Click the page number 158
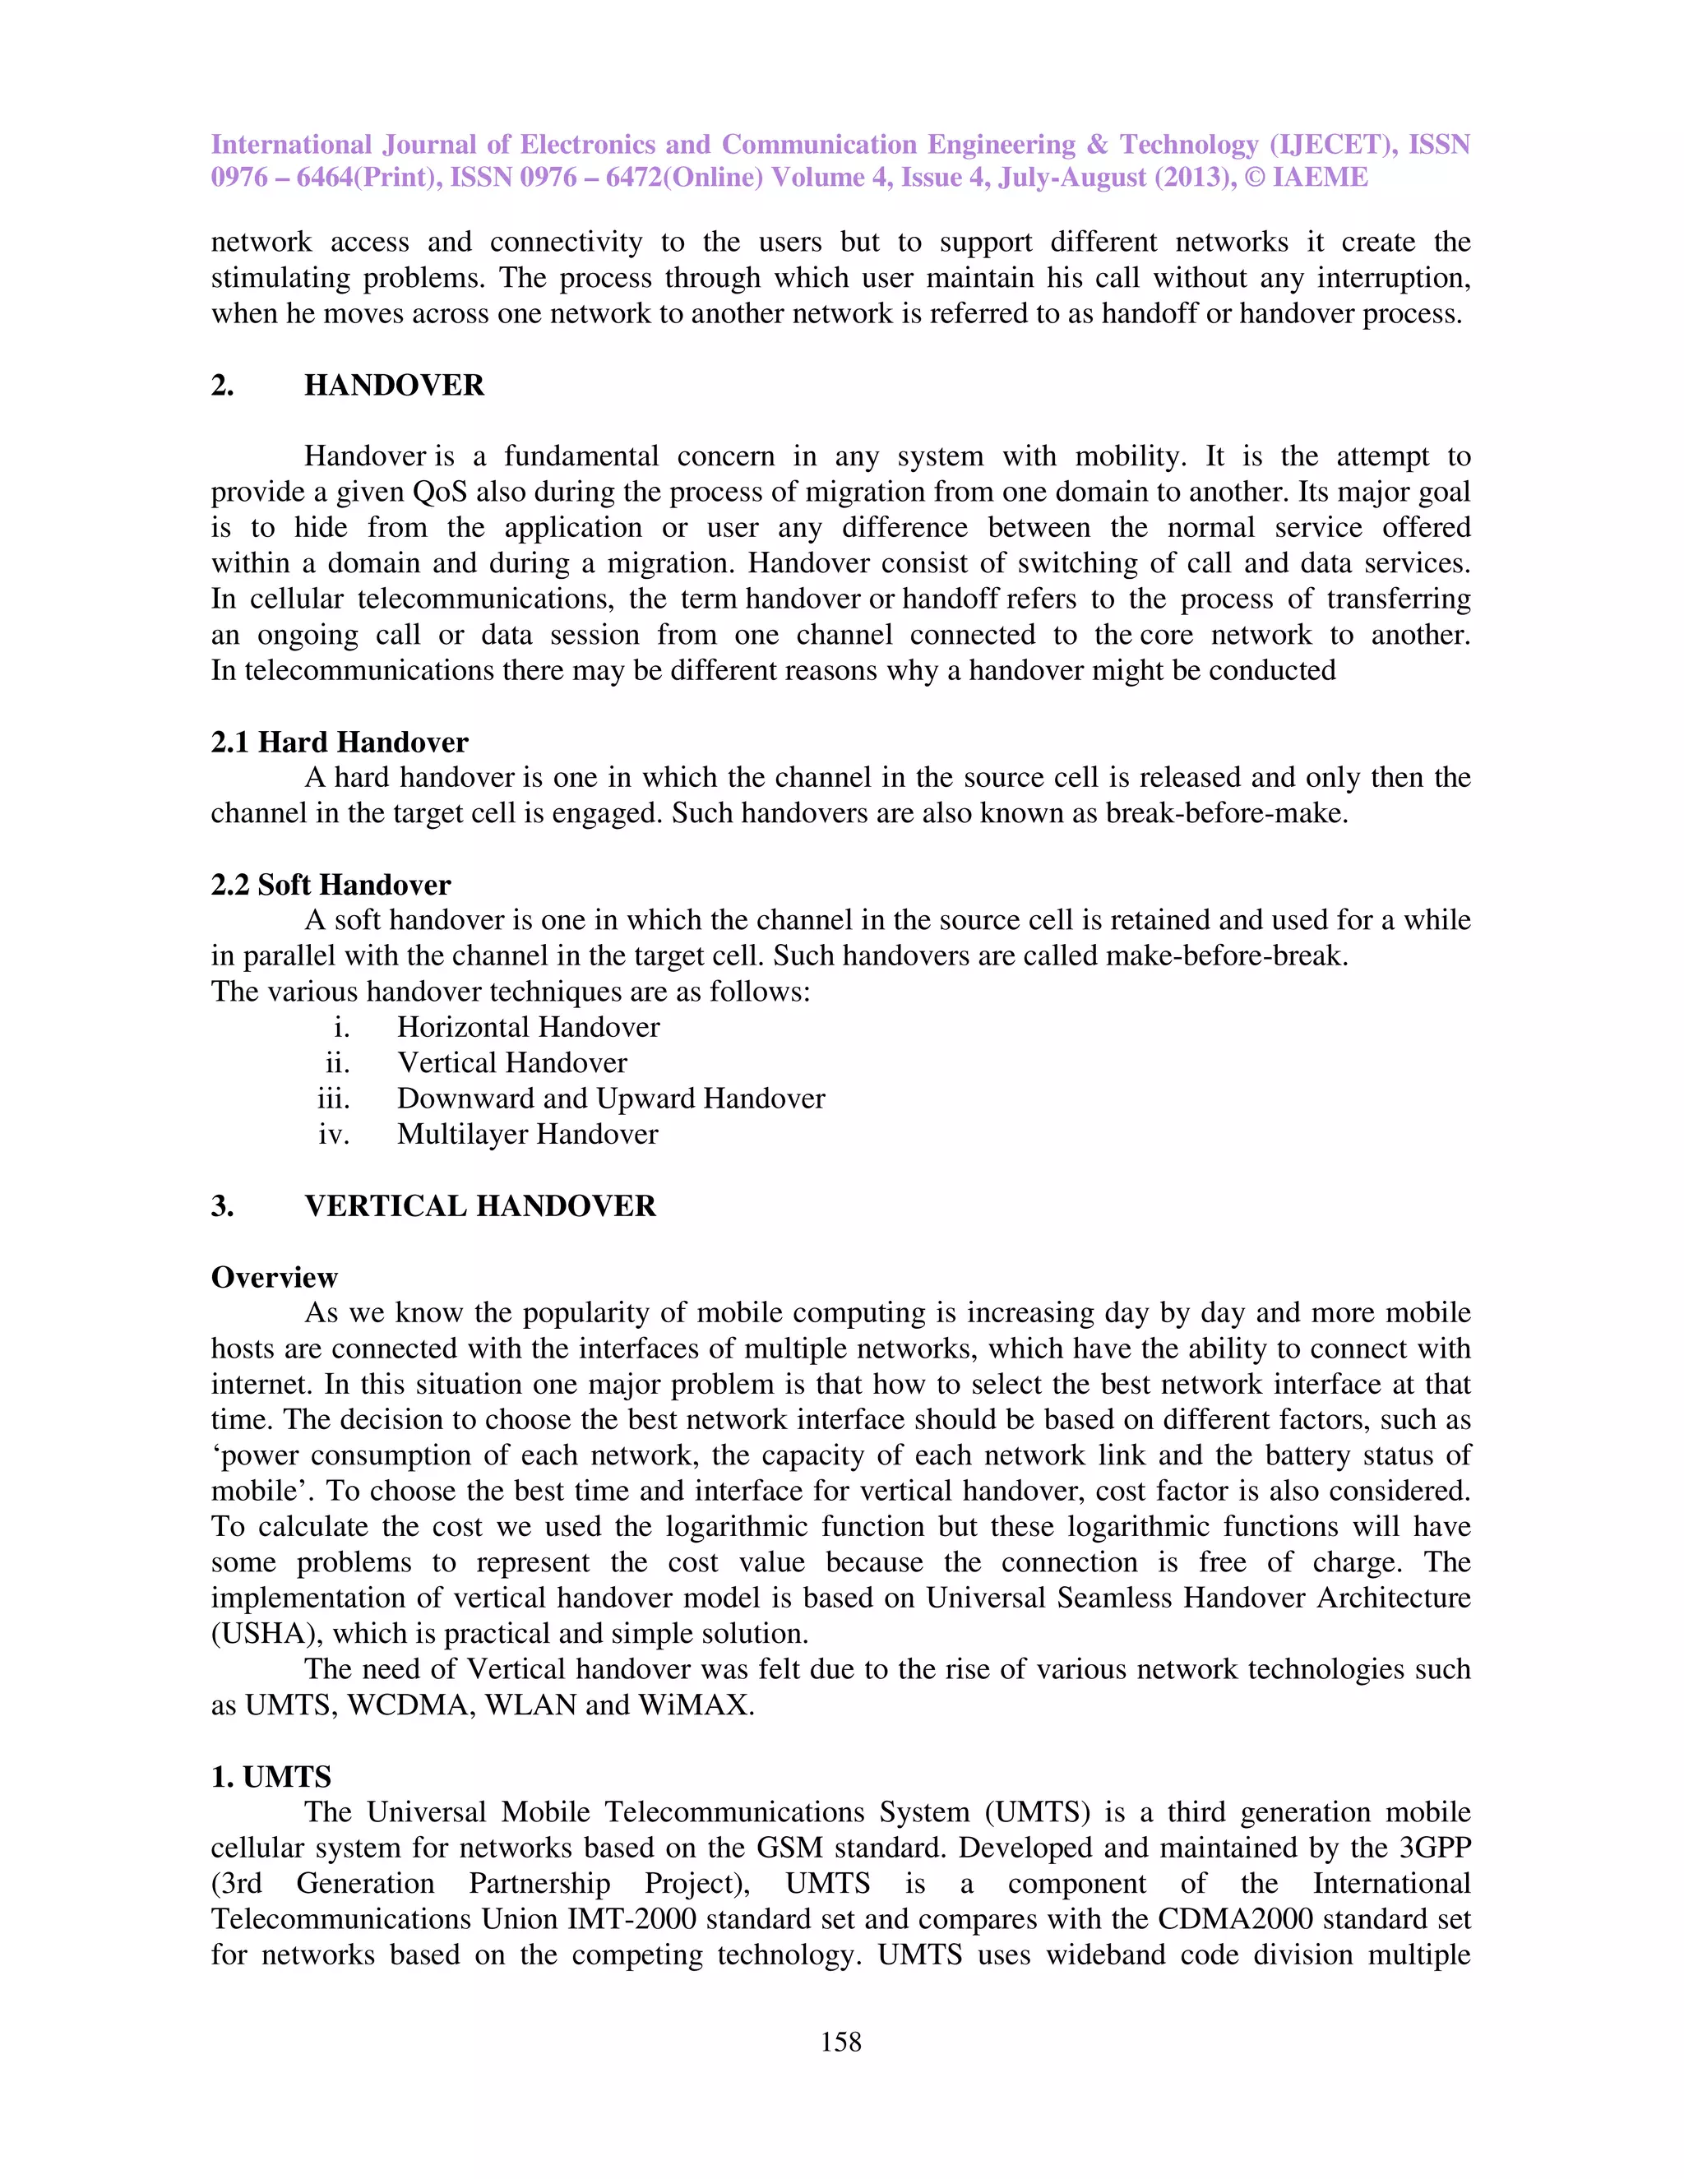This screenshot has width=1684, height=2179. tap(840, 2042)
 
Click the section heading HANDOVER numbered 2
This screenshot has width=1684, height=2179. tap(393, 385)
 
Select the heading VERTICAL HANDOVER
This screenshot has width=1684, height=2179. tap(480, 1205)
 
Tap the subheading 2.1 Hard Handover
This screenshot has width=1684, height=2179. tap(340, 742)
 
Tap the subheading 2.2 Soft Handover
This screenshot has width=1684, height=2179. tap(331, 884)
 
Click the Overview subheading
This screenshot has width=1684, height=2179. tap(275, 1277)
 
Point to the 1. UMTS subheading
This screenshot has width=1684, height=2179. tap(271, 1776)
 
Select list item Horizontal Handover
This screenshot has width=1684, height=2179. tap(528, 1027)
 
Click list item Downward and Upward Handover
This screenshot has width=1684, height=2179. tap(611, 1098)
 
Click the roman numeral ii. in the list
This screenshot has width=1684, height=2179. tap(337, 1062)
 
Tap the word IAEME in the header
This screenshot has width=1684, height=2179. tap(1320, 178)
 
